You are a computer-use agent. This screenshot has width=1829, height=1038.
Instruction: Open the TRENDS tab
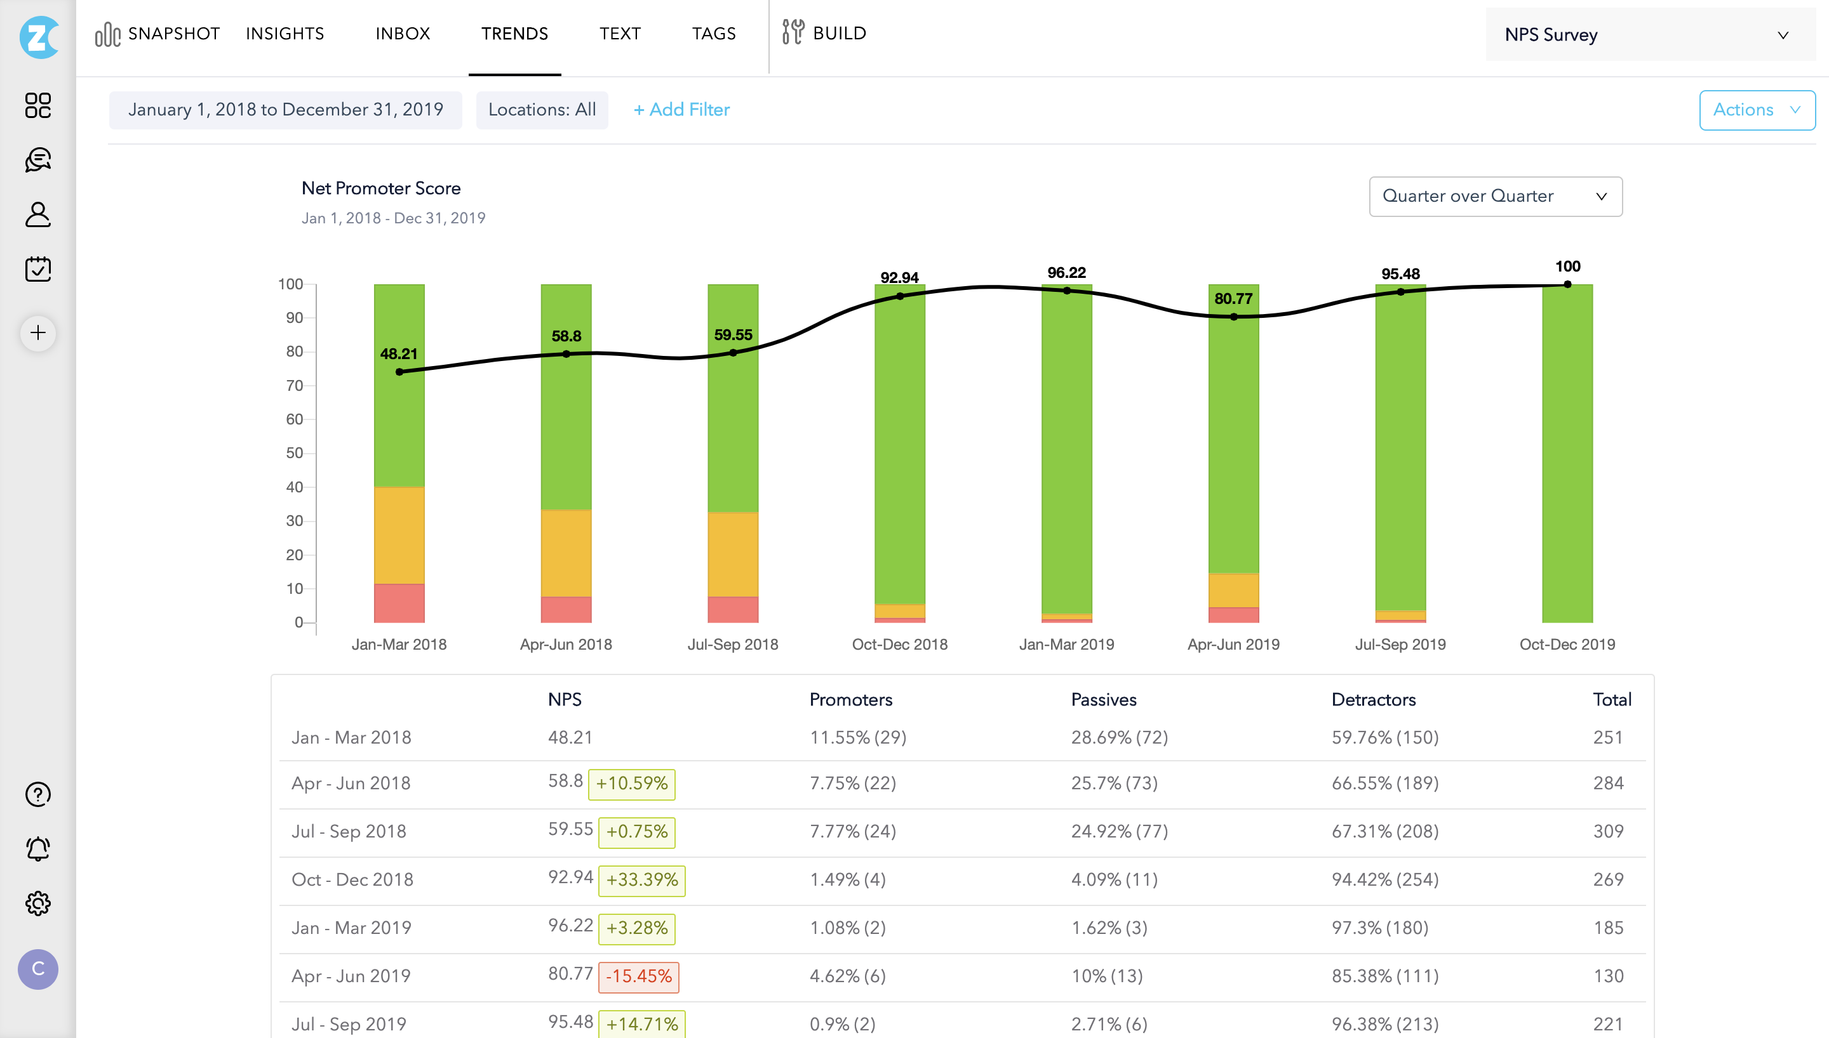[x=514, y=34]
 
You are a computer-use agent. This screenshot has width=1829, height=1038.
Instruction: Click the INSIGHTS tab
[x=285, y=34]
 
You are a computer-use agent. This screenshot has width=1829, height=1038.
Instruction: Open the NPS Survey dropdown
[x=1649, y=35]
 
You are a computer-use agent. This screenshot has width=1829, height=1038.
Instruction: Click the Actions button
[x=1756, y=110]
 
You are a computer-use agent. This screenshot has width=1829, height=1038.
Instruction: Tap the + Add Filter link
[x=681, y=110]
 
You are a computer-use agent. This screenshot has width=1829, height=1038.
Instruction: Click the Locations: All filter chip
[x=542, y=110]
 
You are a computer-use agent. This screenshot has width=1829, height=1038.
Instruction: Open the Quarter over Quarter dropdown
[x=1494, y=196]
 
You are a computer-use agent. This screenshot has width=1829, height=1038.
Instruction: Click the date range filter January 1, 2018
[x=285, y=110]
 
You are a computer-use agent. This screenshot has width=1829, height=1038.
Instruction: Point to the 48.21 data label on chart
[x=398, y=353]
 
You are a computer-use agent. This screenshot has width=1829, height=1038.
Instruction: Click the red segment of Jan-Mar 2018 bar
[x=399, y=603]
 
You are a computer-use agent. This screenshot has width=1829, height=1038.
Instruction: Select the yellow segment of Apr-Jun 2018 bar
[x=566, y=553]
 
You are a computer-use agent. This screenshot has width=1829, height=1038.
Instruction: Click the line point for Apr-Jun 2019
[x=1233, y=317]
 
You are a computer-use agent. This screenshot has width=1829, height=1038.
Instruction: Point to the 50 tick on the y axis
[x=294, y=454]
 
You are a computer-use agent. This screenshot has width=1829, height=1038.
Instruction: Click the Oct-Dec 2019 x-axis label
[x=1567, y=645]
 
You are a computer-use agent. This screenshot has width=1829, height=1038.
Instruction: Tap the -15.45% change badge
[x=638, y=976]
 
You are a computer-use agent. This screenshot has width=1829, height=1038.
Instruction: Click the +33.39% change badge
[x=641, y=880]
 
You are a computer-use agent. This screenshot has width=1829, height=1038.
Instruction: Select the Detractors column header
[x=1373, y=699]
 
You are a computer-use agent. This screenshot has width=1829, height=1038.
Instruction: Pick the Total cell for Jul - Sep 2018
[x=1608, y=831]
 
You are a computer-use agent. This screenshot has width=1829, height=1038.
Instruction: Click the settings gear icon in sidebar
[x=38, y=903]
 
